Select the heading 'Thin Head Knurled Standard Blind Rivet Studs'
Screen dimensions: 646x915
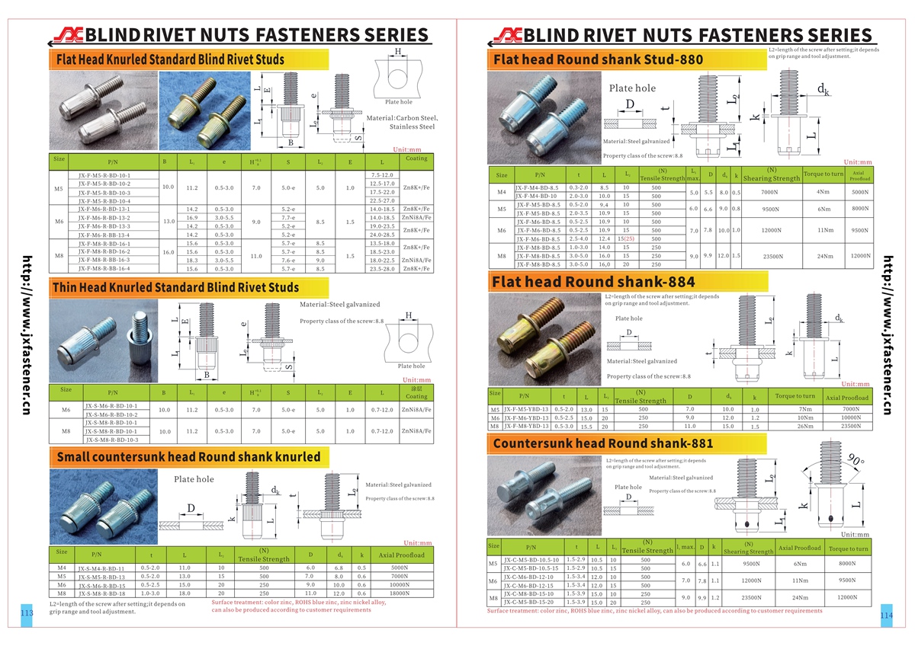(x=175, y=287)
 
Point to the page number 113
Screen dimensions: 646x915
(x=27, y=613)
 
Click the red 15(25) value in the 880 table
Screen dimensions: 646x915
(x=626, y=238)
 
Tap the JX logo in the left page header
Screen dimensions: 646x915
(x=66, y=34)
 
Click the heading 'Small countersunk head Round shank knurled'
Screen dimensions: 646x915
(x=186, y=456)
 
